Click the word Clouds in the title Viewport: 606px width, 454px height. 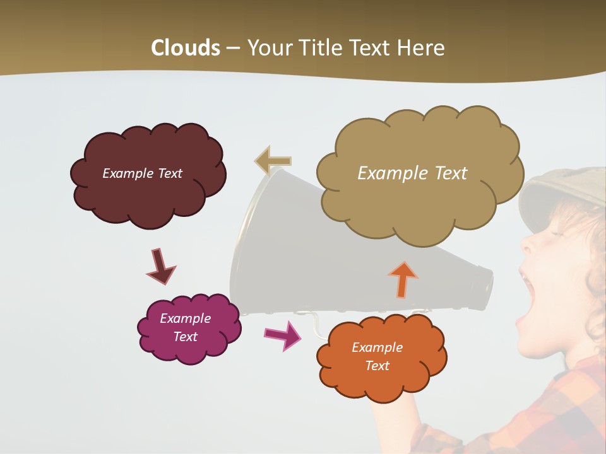coord(186,48)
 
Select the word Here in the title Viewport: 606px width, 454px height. coord(421,48)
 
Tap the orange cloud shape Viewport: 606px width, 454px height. coord(379,385)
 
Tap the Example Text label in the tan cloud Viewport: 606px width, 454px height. coord(412,173)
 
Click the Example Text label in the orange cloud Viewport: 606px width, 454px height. coord(377,356)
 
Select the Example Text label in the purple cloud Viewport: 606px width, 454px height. coord(186,327)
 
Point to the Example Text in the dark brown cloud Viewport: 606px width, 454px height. coord(142,173)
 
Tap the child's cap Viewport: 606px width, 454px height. coord(562,189)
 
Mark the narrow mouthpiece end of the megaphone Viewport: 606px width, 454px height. coord(483,287)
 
